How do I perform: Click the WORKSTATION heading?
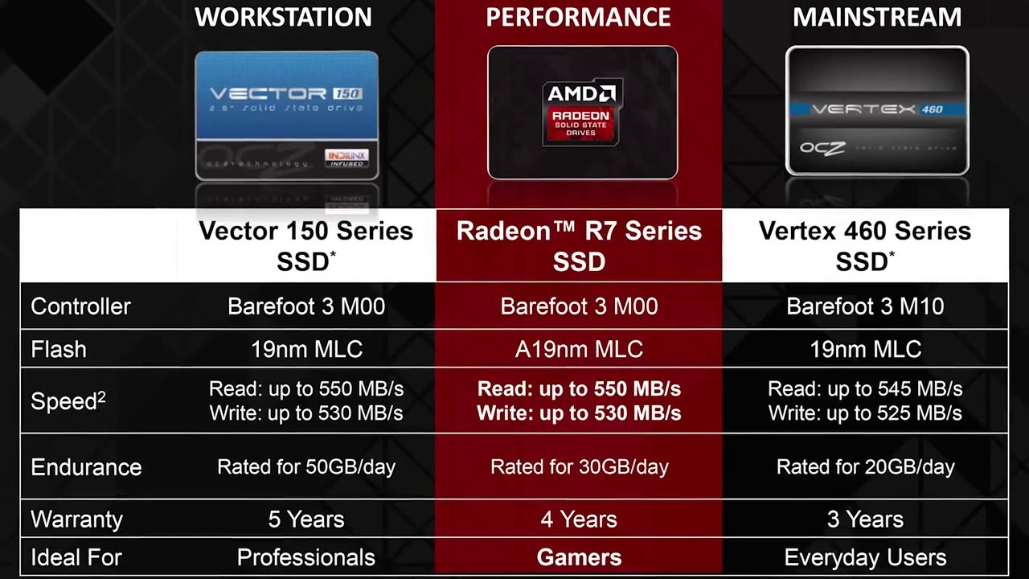(x=283, y=17)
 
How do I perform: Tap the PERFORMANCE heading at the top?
(x=578, y=17)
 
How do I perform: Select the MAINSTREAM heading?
(x=877, y=17)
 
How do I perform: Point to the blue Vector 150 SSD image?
(x=286, y=114)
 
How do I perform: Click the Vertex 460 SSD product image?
(x=877, y=111)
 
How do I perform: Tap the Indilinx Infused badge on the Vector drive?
(x=346, y=158)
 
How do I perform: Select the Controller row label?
(x=80, y=306)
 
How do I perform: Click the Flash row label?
(x=58, y=349)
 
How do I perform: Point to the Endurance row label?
(x=86, y=467)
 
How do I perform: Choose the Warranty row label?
(x=76, y=519)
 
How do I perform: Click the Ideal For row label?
(x=76, y=557)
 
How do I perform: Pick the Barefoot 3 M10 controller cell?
(x=865, y=306)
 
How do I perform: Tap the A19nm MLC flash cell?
(x=579, y=349)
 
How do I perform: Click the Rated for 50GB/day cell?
(x=306, y=467)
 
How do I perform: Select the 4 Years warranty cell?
(x=579, y=519)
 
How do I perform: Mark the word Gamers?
(x=579, y=557)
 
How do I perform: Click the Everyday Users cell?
(x=865, y=557)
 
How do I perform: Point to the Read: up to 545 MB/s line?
(x=865, y=389)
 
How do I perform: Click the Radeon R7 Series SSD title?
(x=579, y=245)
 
